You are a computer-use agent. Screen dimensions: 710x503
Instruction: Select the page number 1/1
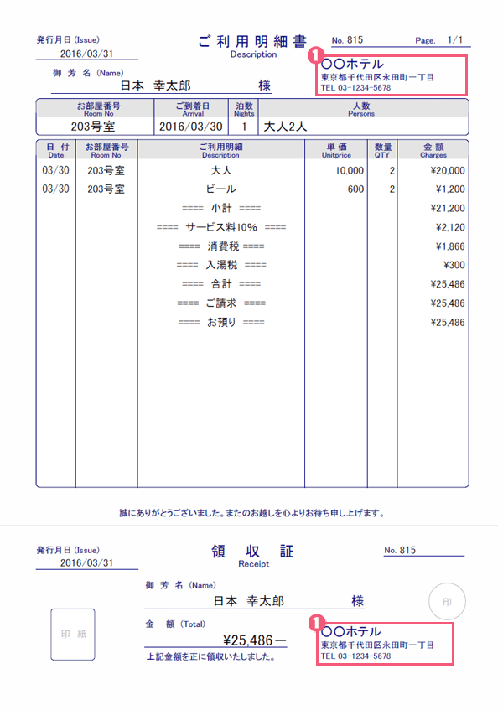[455, 39]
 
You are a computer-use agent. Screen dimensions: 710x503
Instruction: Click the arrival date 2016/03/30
[191, 127]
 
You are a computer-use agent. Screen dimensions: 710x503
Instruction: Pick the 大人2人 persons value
[286, 127]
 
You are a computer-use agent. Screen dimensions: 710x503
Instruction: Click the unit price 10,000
[350, 170]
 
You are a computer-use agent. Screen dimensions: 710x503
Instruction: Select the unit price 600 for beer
[355, 189]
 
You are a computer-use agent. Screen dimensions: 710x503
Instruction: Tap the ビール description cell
[220, 189]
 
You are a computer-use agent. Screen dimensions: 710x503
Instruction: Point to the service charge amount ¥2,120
[450, 227]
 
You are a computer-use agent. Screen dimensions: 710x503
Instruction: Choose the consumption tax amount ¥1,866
[450, 246]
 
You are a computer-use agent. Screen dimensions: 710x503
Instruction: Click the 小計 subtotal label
[221, 208]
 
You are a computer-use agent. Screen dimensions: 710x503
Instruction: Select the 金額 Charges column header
[433, 150]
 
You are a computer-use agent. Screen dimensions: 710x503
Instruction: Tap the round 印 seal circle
[446, 601]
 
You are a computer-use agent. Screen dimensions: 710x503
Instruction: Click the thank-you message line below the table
[251, 512]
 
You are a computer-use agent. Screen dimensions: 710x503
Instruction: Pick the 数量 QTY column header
[383, 150]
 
